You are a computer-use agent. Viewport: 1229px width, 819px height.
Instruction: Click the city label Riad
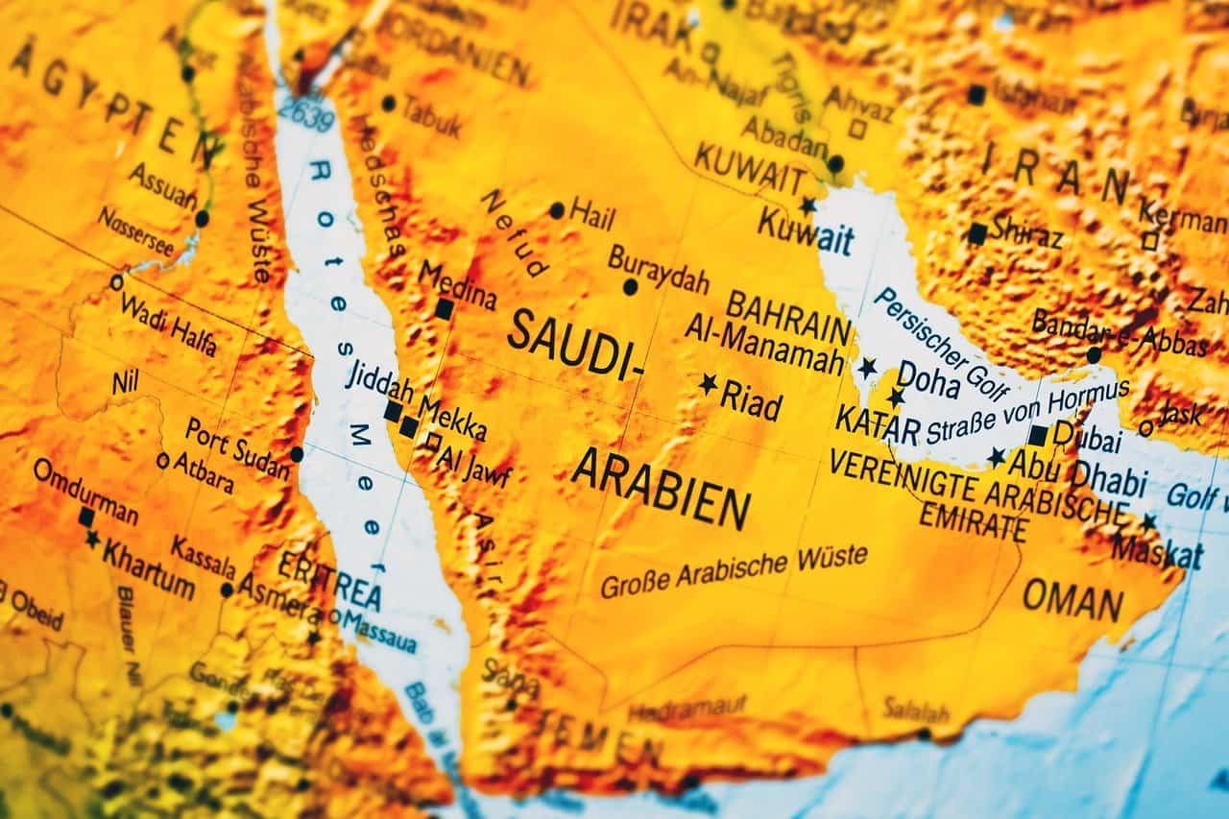(752, 401)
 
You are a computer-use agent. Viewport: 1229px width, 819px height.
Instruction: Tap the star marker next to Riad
(709, 384)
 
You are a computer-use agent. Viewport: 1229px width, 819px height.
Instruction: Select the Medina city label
(457, 285)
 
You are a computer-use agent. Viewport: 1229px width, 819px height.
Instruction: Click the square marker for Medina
(444, 308)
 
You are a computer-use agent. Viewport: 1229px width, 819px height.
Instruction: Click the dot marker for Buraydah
(630, 286)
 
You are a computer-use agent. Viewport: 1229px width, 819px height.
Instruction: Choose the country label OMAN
(1072, 601)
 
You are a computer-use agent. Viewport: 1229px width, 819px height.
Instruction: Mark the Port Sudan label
(237, 447)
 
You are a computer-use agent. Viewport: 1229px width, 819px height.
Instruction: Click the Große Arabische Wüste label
(734, 570)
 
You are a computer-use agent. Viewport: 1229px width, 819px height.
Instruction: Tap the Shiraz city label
(1026, 231)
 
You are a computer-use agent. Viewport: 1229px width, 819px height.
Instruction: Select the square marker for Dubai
(1038, 435)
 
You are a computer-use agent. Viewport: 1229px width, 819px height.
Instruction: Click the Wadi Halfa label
(168, 324)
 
